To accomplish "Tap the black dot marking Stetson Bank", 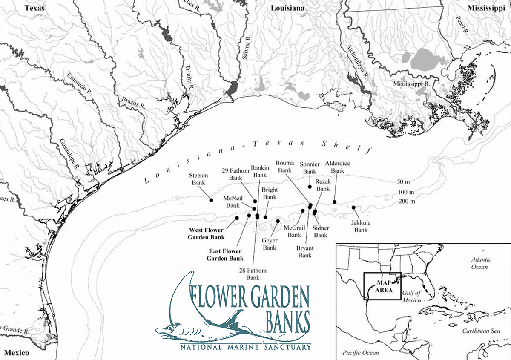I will pos(211,200).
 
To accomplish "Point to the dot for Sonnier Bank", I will pos(310,187).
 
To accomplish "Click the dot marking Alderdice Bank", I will pos(335,202).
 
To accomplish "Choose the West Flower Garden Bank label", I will pos(206,234).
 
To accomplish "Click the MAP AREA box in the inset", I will pos(382,286).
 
